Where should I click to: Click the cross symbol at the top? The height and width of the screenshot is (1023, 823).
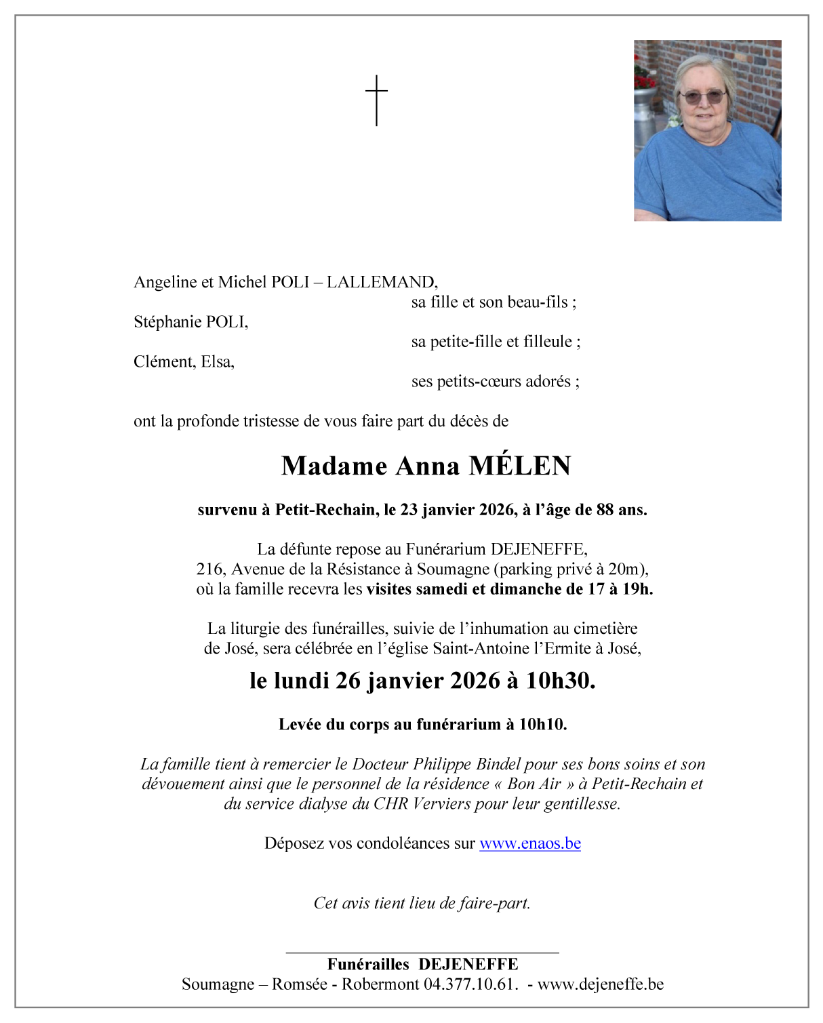pyautogui.click(x=376, y=100)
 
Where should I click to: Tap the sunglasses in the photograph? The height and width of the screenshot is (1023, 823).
pyautogui.click(x=703, y=96)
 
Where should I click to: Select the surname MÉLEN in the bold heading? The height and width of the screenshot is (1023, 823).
pyautogui.click(x=520, y=466)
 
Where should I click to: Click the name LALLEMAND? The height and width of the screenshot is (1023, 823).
pyautogui.click(x=382, y=282)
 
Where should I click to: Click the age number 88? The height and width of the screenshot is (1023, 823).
pyautogui.click(x=605, y=510)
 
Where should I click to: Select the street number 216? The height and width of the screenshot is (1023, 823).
pyautogui.click(x=210, y=569)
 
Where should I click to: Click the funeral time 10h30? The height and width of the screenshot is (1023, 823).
pyautogui.click(x=561, y=681)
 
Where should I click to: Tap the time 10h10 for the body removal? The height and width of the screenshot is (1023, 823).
pyautogui.click(x=542, y=724)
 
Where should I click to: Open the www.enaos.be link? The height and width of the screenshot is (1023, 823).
pyautogui.click(x=529, y=843)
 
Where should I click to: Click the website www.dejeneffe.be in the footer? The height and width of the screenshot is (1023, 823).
pyautogui.click(x=600, y=984)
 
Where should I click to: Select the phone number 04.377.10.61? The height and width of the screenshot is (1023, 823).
pyautogui.click(x=470, y=984)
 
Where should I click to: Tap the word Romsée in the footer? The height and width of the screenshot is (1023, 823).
pyautogui.click(x=299, y=984)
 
